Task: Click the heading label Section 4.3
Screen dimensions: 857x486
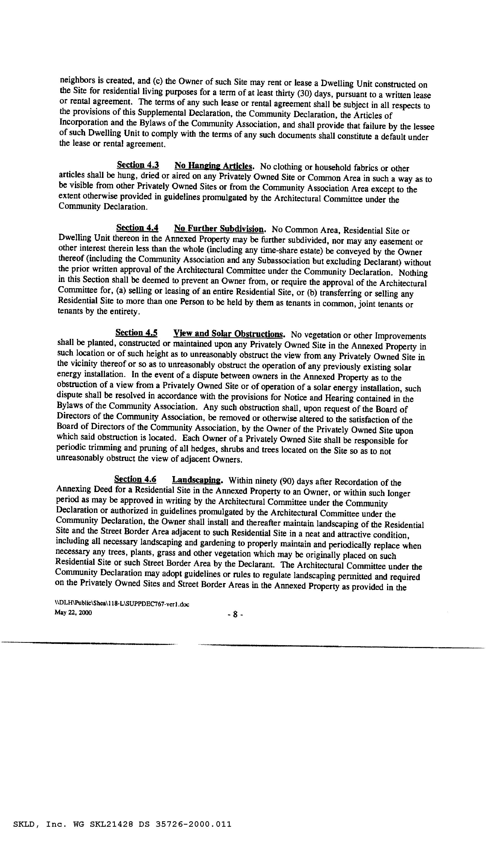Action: (138, 165)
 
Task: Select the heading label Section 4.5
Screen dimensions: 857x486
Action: (137, 333)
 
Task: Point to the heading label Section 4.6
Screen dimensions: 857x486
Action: (135, 480)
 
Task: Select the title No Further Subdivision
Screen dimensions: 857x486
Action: (220, 229)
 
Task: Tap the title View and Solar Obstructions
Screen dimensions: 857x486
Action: (229, 334)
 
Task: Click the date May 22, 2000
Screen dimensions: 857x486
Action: (73, 613)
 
